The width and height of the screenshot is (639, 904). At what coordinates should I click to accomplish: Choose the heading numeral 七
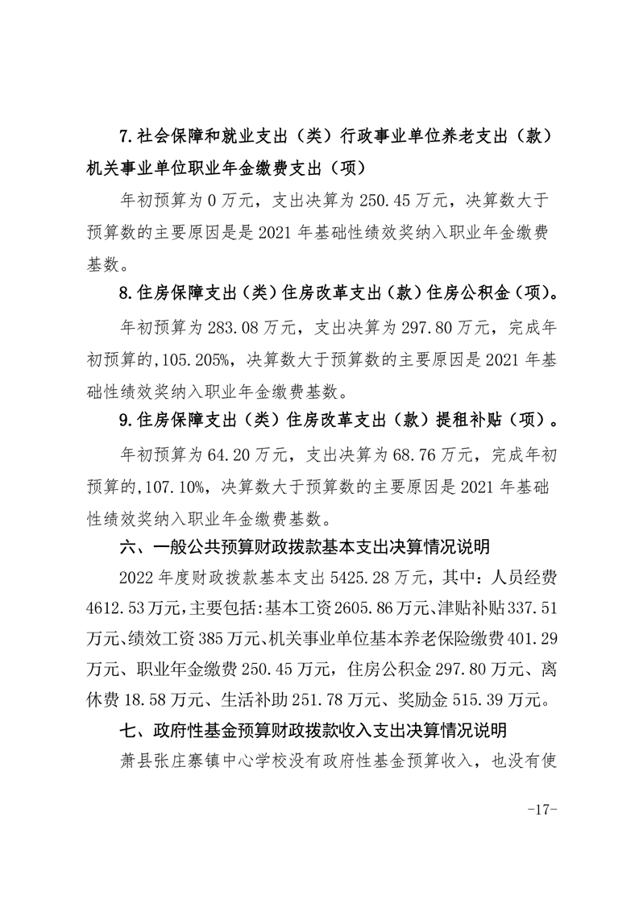(x=127, y=731)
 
